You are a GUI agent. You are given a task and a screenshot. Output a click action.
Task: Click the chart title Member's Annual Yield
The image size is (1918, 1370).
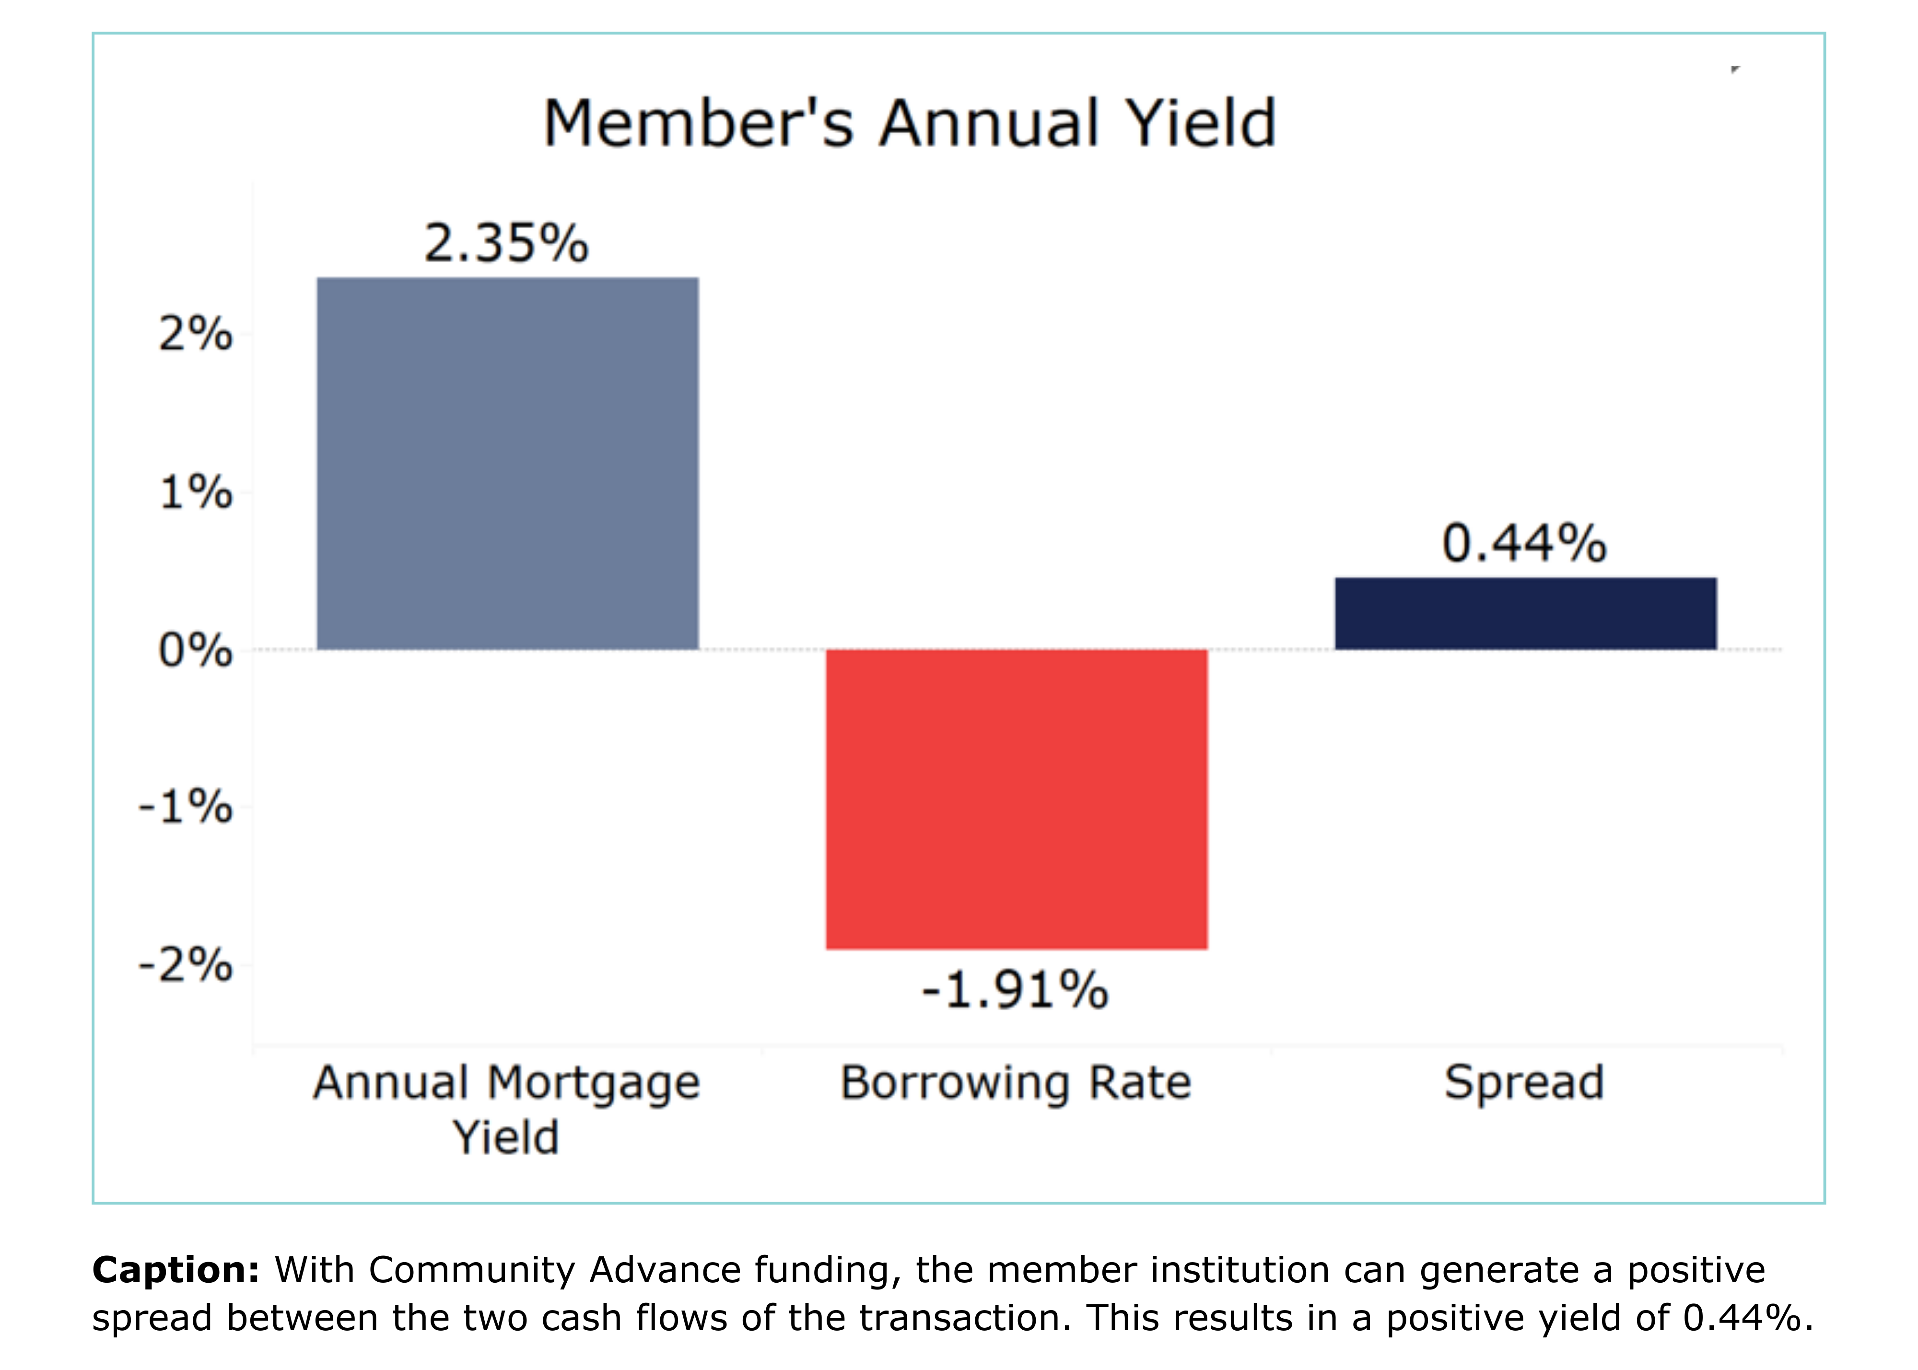tap(909, 124)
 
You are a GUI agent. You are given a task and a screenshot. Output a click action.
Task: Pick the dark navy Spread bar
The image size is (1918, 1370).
tap(1525, 613)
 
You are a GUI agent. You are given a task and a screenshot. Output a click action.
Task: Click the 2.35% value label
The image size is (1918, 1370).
tap(506, 243)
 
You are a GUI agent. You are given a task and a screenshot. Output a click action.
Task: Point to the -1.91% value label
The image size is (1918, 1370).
tap(1015, 990)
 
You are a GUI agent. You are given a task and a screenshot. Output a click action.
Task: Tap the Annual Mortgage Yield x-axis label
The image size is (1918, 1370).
tap(506, 1109)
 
